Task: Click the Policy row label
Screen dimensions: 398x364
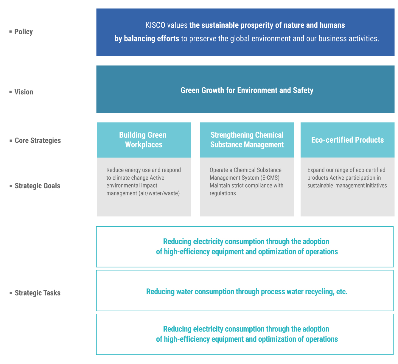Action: coord(24,32)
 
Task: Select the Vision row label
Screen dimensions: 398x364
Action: coord(24,92)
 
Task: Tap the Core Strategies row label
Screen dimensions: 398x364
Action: coord(38,140)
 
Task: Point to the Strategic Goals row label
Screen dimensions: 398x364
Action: coord(37,186)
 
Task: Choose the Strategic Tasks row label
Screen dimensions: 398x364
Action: coord(38,293)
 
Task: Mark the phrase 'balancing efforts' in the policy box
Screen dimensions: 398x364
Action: coord(151,38)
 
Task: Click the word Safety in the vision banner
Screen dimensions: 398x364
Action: coord(303,90)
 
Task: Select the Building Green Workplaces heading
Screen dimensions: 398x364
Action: coord(143,140)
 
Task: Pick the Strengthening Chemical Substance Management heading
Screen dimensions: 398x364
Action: coord(247,140)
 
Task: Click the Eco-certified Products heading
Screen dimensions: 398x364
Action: coord(347,140)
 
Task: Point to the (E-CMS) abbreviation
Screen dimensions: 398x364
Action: coord(270,178)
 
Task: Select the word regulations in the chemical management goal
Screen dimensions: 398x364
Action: coord(223,193)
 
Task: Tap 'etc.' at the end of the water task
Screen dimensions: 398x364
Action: coord(342,292)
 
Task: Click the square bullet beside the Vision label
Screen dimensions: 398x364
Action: coord(10,92)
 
